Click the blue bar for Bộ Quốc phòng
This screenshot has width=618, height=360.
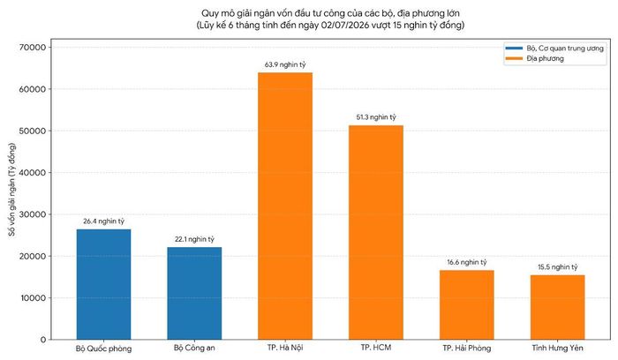coord(103,284)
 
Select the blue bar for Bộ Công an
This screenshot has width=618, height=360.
coord(194,294)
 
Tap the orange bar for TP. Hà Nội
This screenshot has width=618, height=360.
coord(285,206)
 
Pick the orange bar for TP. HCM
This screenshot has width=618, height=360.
coord(376,232)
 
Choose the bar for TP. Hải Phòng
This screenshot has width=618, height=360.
coord(467,305)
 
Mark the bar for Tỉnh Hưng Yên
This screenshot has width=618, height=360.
coord(558,307)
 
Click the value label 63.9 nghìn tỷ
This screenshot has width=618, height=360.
coord(285,64)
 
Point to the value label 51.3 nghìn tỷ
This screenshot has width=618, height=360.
coord(376,117)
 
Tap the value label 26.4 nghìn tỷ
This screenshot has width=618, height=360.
coord(103,221)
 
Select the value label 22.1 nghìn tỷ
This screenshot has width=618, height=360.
coord(194,239)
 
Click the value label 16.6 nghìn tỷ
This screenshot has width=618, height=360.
coord(467,262)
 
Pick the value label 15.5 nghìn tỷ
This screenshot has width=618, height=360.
coord(558,267)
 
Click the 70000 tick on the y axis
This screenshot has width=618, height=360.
coord(33,48)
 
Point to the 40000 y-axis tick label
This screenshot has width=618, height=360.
coord(33,173)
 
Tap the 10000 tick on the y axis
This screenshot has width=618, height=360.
coord(34,297)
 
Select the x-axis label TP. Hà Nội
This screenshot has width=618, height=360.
coord(285,348)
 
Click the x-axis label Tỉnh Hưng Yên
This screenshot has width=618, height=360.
coord(558,348)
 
